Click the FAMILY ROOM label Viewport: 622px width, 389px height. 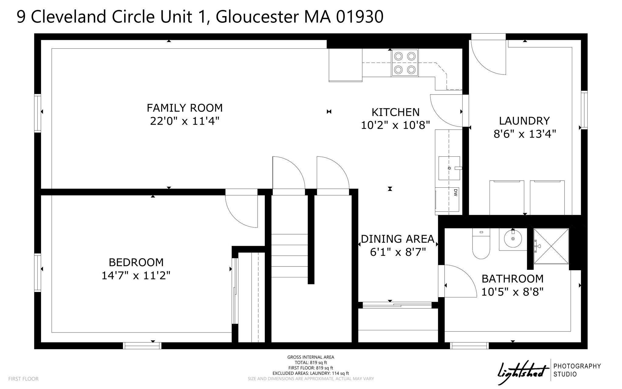185,108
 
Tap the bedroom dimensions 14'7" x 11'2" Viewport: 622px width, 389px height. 136,276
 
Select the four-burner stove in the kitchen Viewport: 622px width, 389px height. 405,63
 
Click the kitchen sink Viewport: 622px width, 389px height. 449,168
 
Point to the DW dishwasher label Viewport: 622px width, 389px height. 455,192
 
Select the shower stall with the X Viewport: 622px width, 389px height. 551,246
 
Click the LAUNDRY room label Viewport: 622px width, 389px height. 524,121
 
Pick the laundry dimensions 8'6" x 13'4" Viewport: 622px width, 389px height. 525,134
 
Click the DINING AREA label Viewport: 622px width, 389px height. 398,239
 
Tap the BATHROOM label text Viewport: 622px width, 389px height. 513,279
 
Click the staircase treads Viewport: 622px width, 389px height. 289,256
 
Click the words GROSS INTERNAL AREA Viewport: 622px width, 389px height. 311,357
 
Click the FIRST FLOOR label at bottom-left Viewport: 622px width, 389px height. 23,379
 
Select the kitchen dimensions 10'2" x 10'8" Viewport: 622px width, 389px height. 395,125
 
